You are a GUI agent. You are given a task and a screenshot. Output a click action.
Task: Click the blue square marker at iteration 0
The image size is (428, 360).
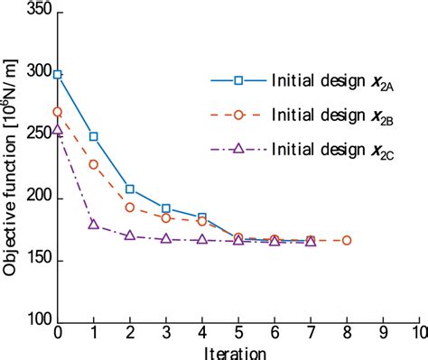tap(58, 74)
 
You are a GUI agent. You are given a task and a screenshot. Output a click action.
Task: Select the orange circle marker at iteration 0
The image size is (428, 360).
tap(58, 112)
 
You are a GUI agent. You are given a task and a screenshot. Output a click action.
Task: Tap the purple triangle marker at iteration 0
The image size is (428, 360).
tap(58, 130)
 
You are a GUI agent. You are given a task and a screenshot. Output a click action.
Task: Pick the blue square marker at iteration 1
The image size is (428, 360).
tap(94, 136)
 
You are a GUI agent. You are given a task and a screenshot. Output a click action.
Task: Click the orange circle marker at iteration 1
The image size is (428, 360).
tap(94, 164)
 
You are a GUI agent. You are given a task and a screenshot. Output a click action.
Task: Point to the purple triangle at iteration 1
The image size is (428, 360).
tap(94, 223)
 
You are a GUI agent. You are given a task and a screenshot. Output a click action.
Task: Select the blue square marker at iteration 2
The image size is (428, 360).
tap(130, 189)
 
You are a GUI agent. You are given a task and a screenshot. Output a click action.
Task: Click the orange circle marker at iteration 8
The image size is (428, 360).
tap(347, 240)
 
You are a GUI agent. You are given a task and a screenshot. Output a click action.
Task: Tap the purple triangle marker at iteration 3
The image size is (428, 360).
tap(166, 238)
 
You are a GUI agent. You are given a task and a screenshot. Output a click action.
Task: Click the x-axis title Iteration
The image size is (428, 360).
tap(237, 352)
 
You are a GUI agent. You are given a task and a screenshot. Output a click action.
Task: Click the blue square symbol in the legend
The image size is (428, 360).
tap(238, 80)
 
